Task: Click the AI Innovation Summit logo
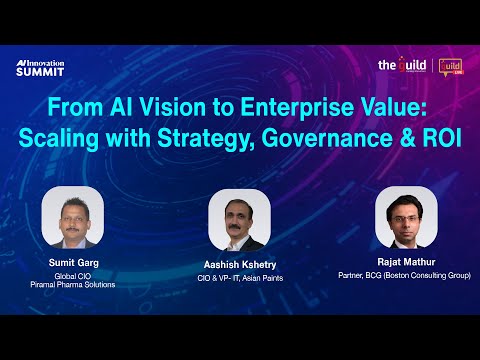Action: [42, 66]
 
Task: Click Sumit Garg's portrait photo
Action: [75, 218]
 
